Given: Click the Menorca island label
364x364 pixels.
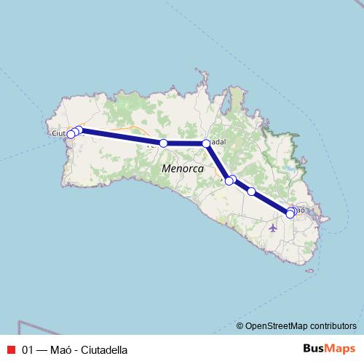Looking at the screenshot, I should (x=177, y=168).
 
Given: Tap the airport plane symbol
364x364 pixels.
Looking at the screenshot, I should (x=273, y=227).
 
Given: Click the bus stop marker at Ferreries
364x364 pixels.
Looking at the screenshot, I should (x=164, y=143).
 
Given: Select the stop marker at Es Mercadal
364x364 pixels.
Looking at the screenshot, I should (x=206, y=143).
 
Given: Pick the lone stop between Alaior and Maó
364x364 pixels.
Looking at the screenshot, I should (x=252, y=191).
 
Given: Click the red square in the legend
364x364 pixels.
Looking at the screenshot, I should (x=10, y=349).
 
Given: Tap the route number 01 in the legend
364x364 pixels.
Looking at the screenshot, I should (x=28, y=349).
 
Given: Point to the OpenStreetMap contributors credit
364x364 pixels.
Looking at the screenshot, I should (x=301, y=325).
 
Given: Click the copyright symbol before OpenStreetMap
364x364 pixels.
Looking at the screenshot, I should (x=240, y=325).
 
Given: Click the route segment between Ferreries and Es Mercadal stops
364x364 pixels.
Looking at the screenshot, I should (x=185, y=143).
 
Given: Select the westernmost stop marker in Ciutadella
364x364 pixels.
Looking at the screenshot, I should (x=71, y=135).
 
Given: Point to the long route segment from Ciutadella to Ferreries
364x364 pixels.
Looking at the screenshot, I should (x=120, y=137).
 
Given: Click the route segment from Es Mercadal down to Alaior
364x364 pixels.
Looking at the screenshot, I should (x=217, y=161).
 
